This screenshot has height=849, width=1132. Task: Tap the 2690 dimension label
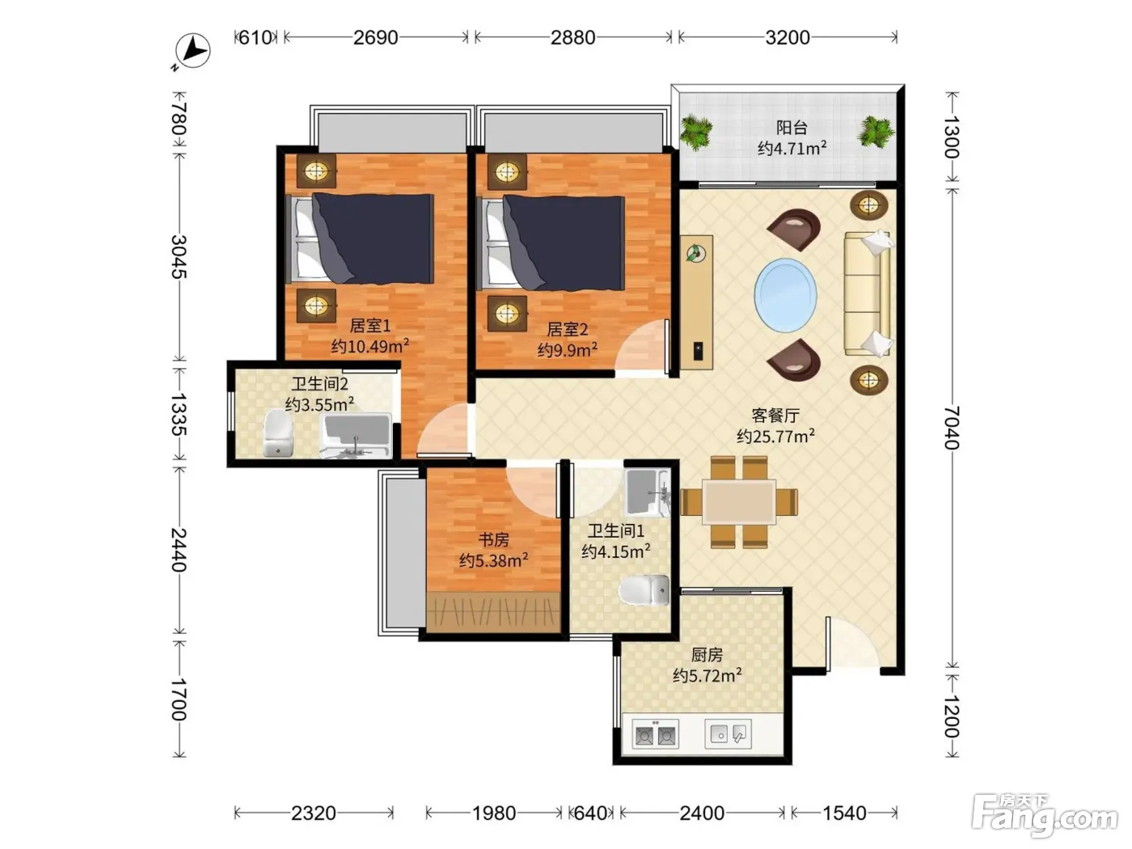pyautogui.click(x=375, y=38)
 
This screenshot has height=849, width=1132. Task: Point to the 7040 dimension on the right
pyautogui.click(x=952, y=428)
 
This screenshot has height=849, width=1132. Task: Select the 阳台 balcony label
pyautogui.click(x=792, y=127)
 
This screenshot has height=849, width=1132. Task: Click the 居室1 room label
pyautogui.click(x=370, y=326)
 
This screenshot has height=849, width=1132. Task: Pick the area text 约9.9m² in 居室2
pyautogui.click(x=568, y=350)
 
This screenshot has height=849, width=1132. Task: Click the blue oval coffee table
pyautogui.click(x=785, y=295)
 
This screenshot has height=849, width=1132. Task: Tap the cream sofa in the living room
pyautogui.click(x=868, y=294)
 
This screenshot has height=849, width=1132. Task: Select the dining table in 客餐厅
pyautogui.click(x=740, y=502)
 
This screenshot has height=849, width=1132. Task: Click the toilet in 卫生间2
pyautogui.click(x=277, y=433)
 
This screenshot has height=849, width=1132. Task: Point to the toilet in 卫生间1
pyautogui.click(x=644, y=589)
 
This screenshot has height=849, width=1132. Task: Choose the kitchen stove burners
pyautogui.click(x=656, y=735)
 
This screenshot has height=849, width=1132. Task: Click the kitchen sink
pyautogui.click(x=729, y=734)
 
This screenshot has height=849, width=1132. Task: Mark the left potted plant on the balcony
pyautogui.click(x=696, y=133)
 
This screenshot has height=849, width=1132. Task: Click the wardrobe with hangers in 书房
pyautogui.click(x=493, y=612)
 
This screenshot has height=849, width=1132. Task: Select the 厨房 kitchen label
pyautogui.click(x=707, y=655)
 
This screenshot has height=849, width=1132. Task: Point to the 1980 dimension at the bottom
pyautogui.click(x=493, y=813)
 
